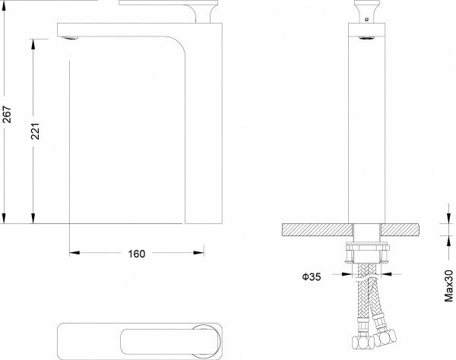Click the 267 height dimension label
pyautogui.click(x=7, y=114)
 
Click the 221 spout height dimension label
pyautogui.click(x=35, y=131)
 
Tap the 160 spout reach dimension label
pyautogui.click(x=137, y=254)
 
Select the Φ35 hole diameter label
pyautogui.click(x=312, y=276)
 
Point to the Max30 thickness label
pyautogui.click(x=448, y=286)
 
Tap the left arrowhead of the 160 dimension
pyautogui.click(x=74, y=253)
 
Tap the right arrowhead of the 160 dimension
pyautogui.click(x=198, y=253)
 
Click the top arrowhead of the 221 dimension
pyautogui.click(x=33, y=44)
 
